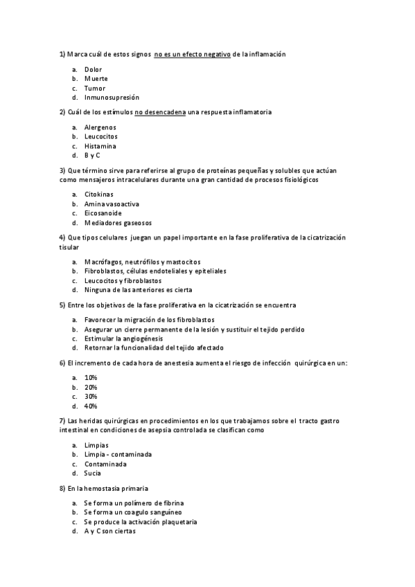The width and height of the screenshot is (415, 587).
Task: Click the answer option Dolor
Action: pyautogui.click(x=93, y=70)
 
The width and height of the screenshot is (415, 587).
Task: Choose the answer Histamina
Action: pyautogui.click(x=100, y=146)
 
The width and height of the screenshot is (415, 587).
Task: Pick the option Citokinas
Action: pyautogui.click(x=98, y=195)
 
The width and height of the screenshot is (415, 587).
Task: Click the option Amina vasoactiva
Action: pyautogui.click(x=112, y=204)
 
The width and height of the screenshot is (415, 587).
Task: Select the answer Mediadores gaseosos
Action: pyautogui.click(x=118, y=223)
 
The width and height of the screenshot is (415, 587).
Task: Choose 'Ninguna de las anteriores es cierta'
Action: pyautogui.click(x=138, y=290)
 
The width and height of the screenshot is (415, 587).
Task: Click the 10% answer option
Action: pyautogui.click(x=91, y=377)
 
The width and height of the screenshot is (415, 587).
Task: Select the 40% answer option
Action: pyautogui.click(x=91, y=406)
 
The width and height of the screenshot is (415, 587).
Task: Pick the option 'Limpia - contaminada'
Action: pyautogui.click(x=118, y=454)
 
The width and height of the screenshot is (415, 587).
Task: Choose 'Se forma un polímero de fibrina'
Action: pyautogui.click(x=134, y=503)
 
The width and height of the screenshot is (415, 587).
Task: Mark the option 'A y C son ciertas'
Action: pyautogui.click(x=110, y=531)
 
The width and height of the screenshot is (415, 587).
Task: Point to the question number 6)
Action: pyautogui.click(x=62, y=363)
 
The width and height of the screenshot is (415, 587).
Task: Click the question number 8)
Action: pyautogui.click(x=62, y=488)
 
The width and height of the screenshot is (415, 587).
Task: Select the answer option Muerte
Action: pyautogui.click(x=96, y=79)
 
